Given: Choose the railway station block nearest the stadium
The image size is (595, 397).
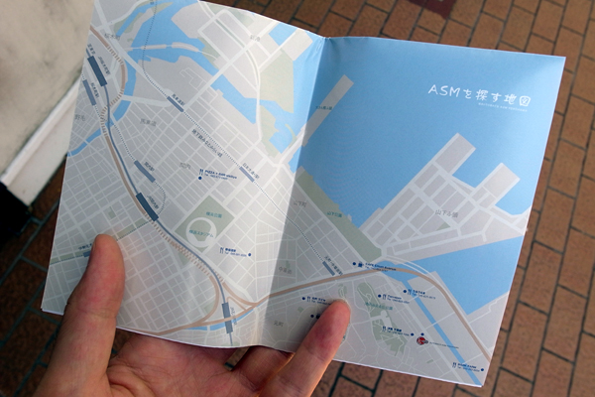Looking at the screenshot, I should [x=148, y=206].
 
